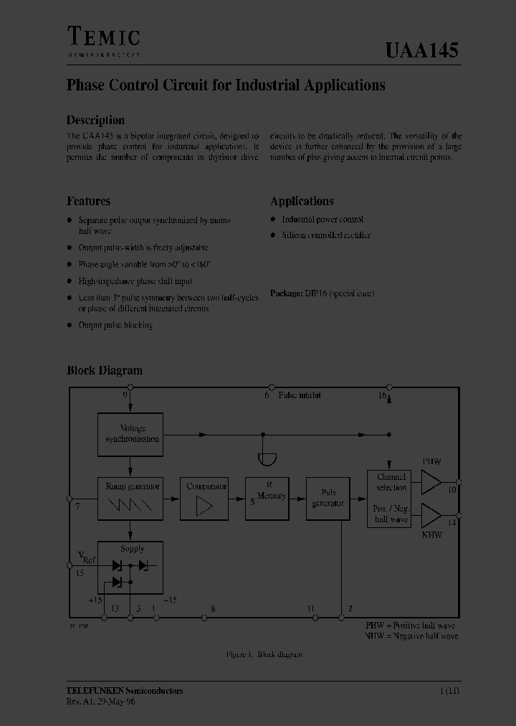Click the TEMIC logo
point(103,38)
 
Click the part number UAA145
point(421,50)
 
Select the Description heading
point(95,121)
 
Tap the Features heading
point(88,202)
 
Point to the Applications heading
point(302,202)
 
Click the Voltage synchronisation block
point(130,434)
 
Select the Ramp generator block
point(130,499)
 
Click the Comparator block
point(206,499)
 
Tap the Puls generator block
point(328,499)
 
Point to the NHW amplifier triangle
point(431,515)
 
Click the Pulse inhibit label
point(300,395)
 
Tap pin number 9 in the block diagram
point(125,395)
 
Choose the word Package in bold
point(286,293)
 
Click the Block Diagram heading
point(105,371)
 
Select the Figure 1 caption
point(264,654)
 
